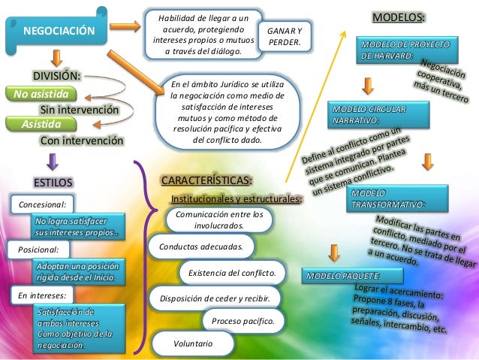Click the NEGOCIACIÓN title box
click(x=60, y=31)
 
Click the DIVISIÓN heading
click(x=56, y=76)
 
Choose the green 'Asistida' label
click(x=42, y=124)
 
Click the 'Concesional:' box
click(x=42, y=204)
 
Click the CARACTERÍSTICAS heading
click(x=207, y=181)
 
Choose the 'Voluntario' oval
click(x=193, y=343)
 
